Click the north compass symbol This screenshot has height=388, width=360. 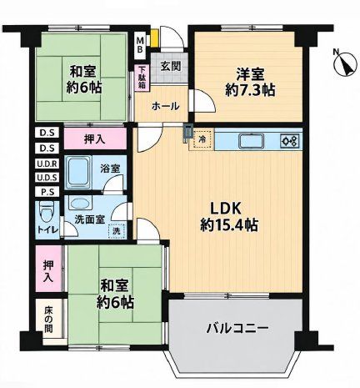345,63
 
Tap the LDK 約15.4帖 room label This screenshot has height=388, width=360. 229,217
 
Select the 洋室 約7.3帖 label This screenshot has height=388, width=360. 250,82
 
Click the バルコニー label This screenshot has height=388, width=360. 237,329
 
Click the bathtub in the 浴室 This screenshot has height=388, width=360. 79,172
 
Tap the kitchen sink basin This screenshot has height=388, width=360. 252,141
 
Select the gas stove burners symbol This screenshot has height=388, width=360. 291,141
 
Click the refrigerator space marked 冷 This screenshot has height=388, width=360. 203,139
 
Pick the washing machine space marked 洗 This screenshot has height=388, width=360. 117,230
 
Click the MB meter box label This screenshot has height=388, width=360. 141,45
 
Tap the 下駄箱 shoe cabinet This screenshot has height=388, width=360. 142,78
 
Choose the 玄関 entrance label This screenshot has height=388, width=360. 171,67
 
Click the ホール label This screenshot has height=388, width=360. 166,106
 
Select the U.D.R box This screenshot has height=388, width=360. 47,164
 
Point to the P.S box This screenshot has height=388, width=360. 47,192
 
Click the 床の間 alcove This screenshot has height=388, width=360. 49,319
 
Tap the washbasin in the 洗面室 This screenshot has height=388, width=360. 79,204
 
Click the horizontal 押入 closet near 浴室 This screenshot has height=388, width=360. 95,139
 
